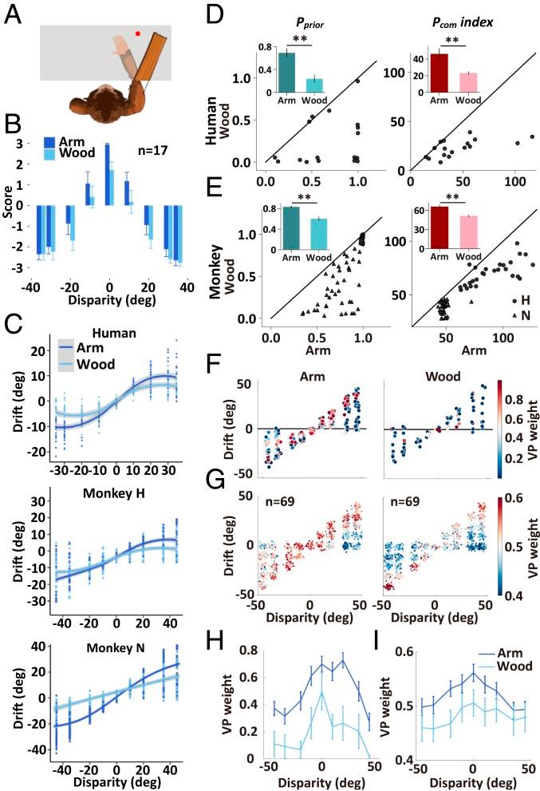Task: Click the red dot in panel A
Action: click(x=138, y=34)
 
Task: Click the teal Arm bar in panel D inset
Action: click(x=286, y=74)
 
